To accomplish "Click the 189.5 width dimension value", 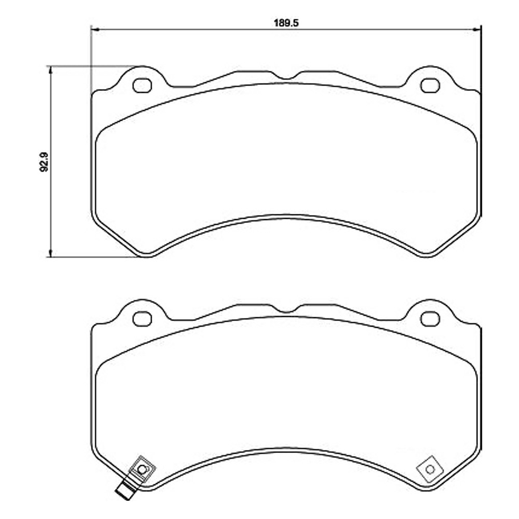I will [286, 22].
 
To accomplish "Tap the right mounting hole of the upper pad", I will [430, 86].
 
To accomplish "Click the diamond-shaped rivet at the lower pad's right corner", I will [430, 469].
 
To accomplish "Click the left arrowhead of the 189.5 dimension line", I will [95, 29].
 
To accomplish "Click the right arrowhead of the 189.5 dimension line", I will [477, 29].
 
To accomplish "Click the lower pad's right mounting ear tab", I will [431, 311].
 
